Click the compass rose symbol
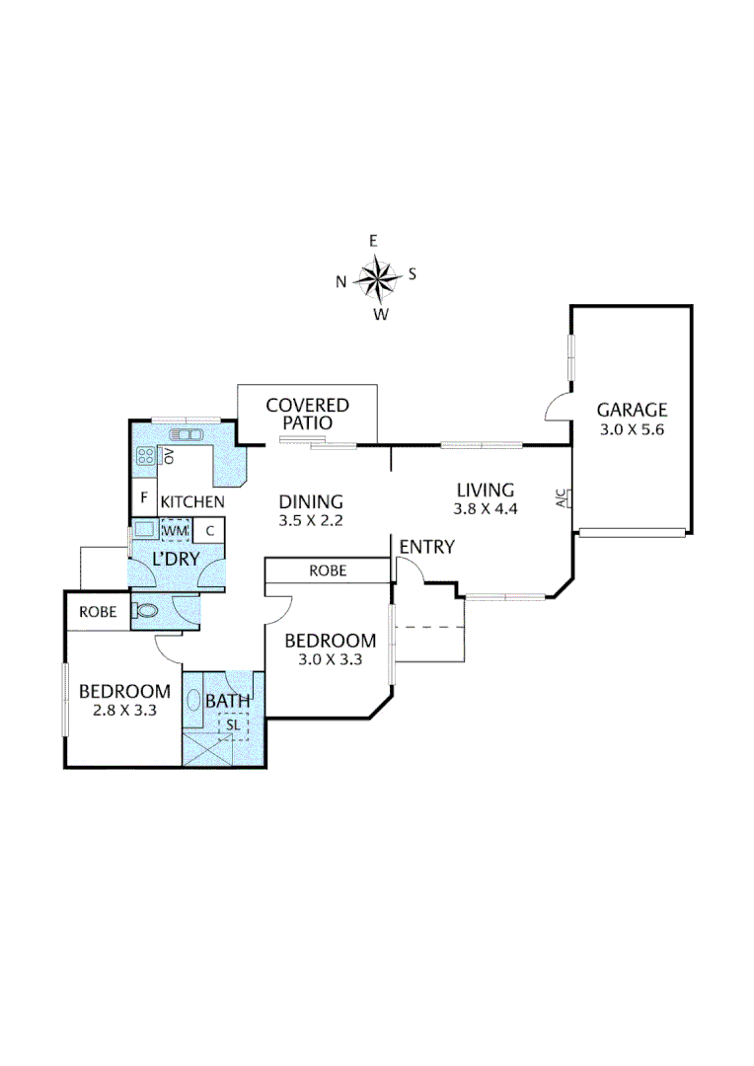pos(376,277)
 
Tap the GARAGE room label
pos(632,410)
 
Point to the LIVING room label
pos(485,490)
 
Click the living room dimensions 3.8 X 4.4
pos(485,509)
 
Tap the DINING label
pos(310,501)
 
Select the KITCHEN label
pos(192,502)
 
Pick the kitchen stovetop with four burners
pos(145,456)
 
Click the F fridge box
pos(144,497)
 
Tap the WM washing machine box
pos(175,531)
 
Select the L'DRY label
pos(176,559)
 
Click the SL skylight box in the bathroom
pos(234,724)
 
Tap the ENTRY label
pos(426,547)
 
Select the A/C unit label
pos(562,499)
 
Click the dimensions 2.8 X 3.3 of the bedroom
pos(124,711)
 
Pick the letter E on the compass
pos(373,241)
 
